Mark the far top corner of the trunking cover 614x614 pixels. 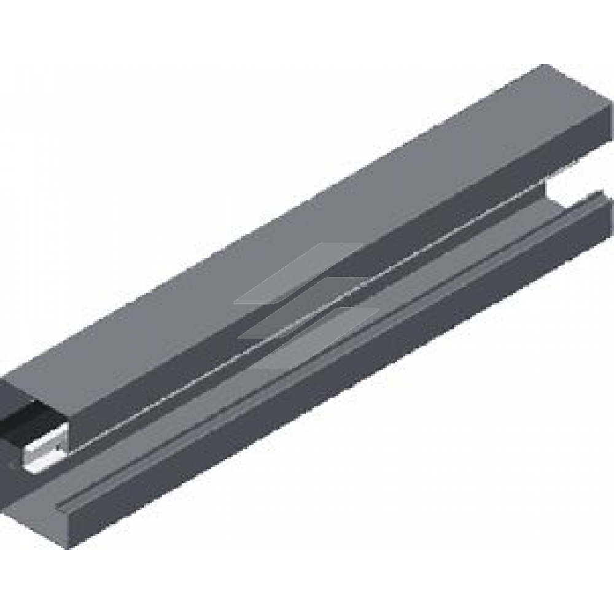pos(543,66)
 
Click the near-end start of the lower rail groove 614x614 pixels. pos(61,507)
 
